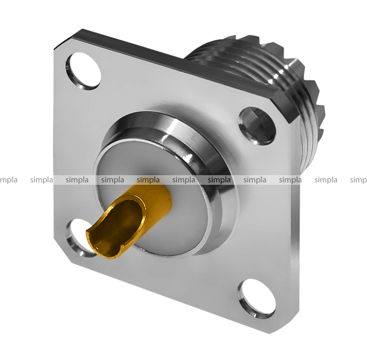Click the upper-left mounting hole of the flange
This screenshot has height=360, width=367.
coord(83,71)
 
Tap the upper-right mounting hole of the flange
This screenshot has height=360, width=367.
coord(257,126)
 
